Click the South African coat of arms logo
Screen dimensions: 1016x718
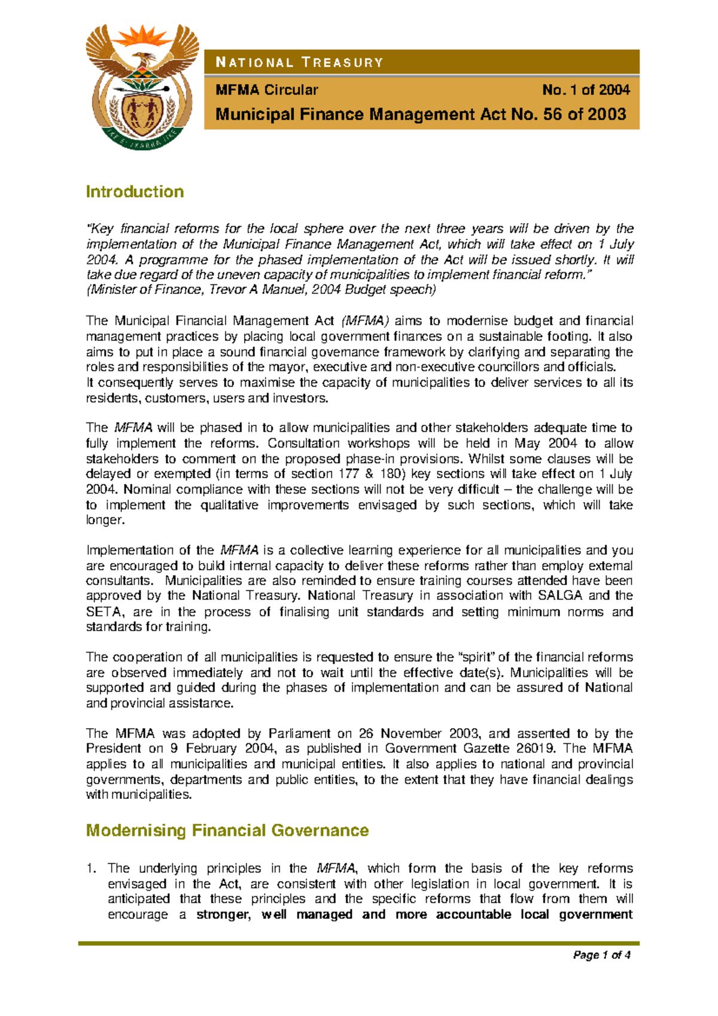pos(142,87)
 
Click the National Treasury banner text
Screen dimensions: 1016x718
pos(299,63)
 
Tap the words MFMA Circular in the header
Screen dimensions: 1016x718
pos(267,90)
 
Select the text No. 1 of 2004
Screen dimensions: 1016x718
pos(586,90)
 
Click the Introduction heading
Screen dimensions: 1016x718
pos(135,192)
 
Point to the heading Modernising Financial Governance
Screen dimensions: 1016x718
pos(227,831)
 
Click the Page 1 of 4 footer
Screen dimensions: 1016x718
pos(601,955)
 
